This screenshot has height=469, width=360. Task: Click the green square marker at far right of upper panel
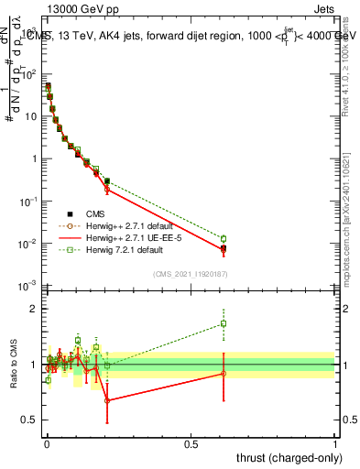pos(224,238)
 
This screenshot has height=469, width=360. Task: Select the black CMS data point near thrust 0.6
pos(224,248)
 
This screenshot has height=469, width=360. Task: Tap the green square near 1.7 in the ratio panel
pos(224,323)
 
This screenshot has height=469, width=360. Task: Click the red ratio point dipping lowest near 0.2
pos(107,400)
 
